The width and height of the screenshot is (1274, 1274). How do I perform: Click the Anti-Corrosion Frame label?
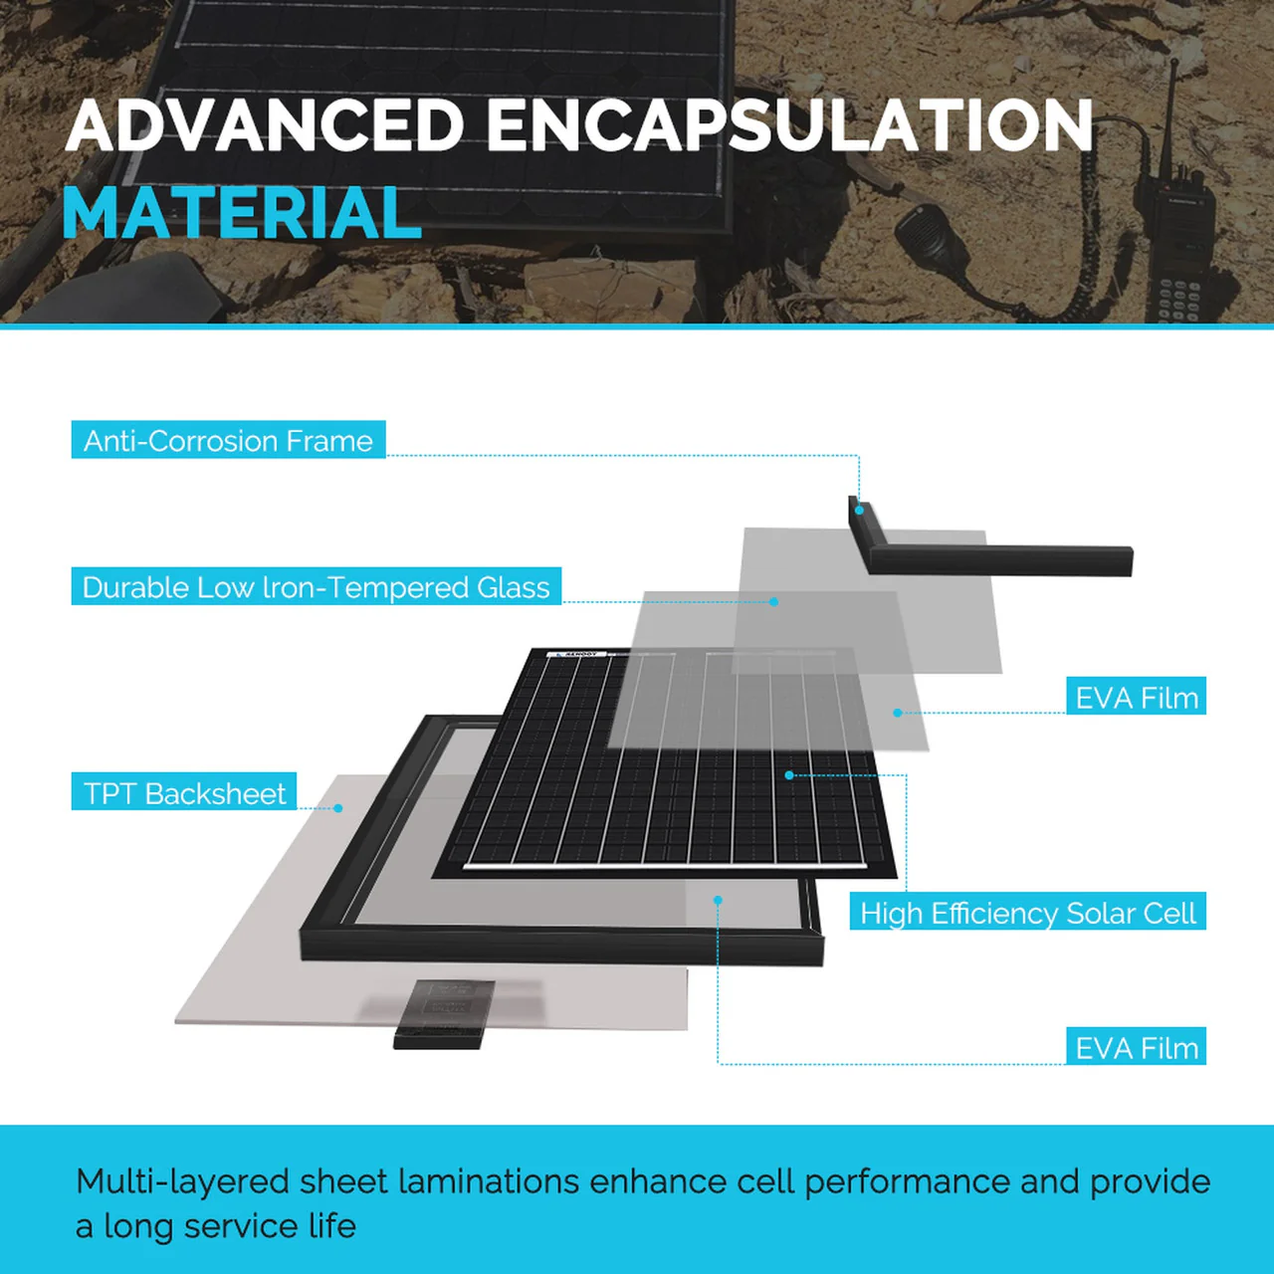pyautogui.click(x=228, y=440)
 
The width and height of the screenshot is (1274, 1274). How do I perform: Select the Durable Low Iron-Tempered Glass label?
pyautogui.click(x=316, y=587)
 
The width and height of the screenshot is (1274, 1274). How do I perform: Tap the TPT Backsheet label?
pyautogui.click(x=184, y=793)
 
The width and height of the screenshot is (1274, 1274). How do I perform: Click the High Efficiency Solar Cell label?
pyautogui.click(x=1027, y=913)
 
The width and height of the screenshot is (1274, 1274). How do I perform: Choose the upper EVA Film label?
pyautogui.click(x=1136, y=698)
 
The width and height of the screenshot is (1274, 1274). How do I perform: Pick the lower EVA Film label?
pyautogui.click(x=1136, y=1047)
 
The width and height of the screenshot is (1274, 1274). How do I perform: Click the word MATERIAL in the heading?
pyautogui.click(x=242, y=214)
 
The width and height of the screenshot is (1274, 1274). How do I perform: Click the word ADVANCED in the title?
pyautogui.click(x=265, y=126)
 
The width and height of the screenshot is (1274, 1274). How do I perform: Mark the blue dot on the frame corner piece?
pyautogui.click(x=859, y=510)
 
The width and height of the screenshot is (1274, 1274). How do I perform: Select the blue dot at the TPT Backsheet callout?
pyautogui.click(x=338, y=808)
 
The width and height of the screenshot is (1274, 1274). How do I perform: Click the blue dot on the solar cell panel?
pyautogui.click(x=789, y=774)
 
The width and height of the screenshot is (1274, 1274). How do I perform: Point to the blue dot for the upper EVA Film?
pyautogui.click(x=897, y=713)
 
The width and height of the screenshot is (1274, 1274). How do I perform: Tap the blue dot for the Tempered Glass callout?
pyautogui.click(x=773, y=601)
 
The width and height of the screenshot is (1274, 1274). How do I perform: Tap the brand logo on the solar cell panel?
pyautogui.click(x=577, y=654)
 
